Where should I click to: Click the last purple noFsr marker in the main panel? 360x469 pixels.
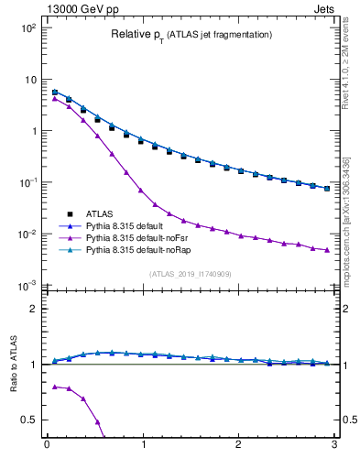pos(327,250)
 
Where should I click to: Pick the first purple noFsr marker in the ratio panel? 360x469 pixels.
pos(55,387)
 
